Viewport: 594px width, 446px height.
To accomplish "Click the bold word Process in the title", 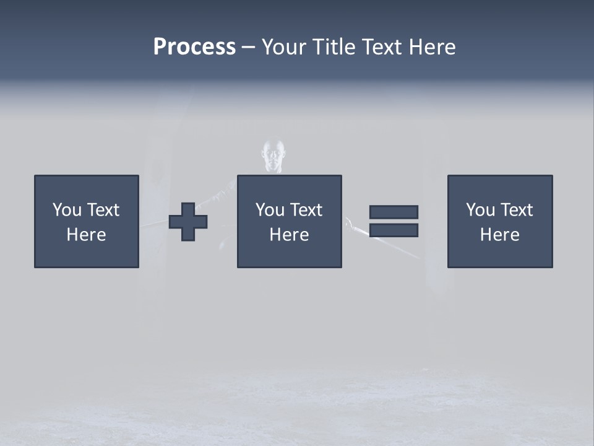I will (194, 47).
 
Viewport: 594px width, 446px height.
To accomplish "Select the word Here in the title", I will (433, 47).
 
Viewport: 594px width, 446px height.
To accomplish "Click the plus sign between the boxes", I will (188, 221).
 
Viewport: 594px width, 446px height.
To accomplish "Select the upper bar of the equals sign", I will (394, 212).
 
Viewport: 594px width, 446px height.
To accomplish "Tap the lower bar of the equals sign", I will (394, 230).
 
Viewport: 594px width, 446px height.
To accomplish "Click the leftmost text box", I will (87, 221).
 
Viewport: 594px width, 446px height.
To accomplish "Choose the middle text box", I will (289, 221).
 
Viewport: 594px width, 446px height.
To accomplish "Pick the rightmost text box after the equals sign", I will (500, 221).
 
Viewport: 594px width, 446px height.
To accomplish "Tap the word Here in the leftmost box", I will (87, 235).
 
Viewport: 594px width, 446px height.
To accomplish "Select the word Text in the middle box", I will (306, 210).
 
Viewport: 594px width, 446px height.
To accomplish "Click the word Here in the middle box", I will (289, 235).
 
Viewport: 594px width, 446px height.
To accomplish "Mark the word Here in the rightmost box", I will (500, 235).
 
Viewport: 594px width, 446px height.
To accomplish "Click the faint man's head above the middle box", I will (274, 155).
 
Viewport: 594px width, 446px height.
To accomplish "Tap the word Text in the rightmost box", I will (517, 210).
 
